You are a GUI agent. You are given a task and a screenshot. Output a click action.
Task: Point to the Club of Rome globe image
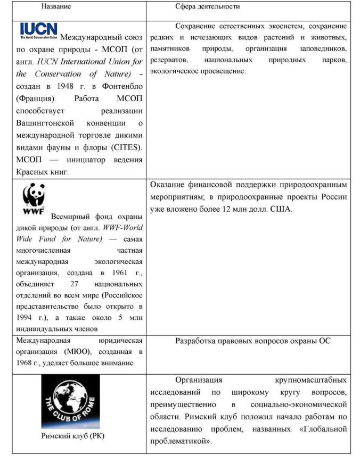[x=70, y=402]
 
